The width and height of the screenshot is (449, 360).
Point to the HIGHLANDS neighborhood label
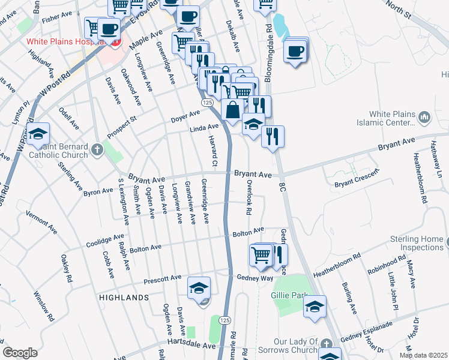coord(124,298)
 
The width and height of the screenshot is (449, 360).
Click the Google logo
coord(20,353)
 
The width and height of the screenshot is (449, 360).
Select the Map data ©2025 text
coord(424,355)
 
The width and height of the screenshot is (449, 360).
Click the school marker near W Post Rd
coord(37,134)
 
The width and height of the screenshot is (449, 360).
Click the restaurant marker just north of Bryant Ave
coord(273,137)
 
